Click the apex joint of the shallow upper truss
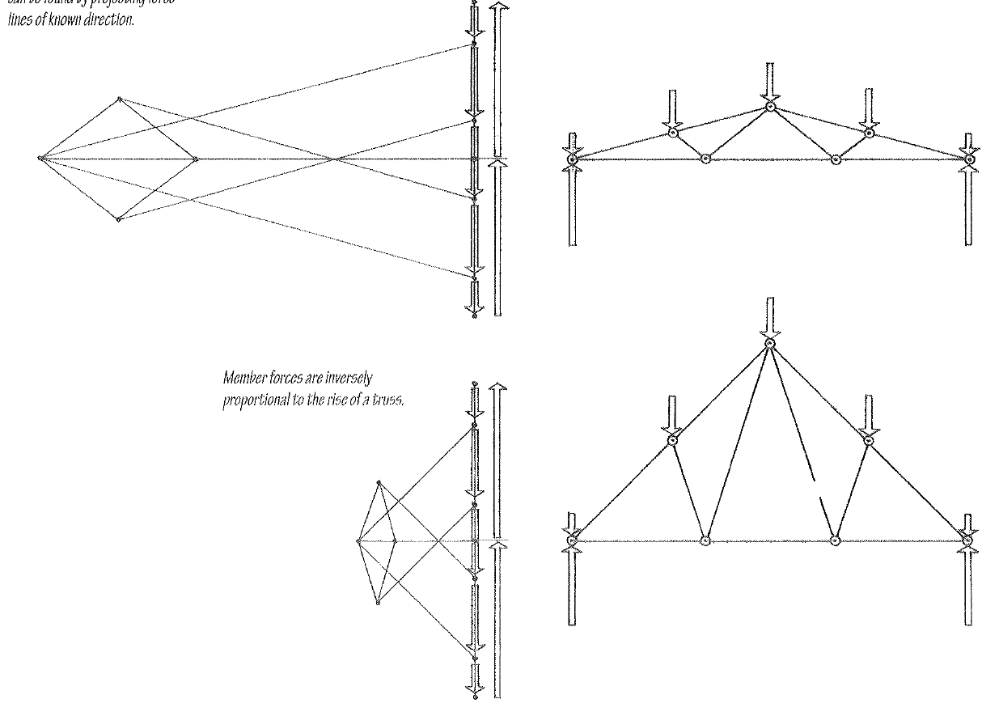[770, 106]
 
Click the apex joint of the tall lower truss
[770, 345]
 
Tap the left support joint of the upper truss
[572, 159]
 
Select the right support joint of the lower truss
[967, 540]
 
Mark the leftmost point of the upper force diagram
[40, 158]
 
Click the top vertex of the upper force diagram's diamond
[119, 99]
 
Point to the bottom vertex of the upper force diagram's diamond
[119, 219]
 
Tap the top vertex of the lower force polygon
[378, 482]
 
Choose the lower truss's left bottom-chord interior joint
[705, 540]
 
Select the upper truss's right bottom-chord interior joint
[836, 159]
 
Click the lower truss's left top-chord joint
[671, 440]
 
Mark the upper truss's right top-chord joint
[869, 132]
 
